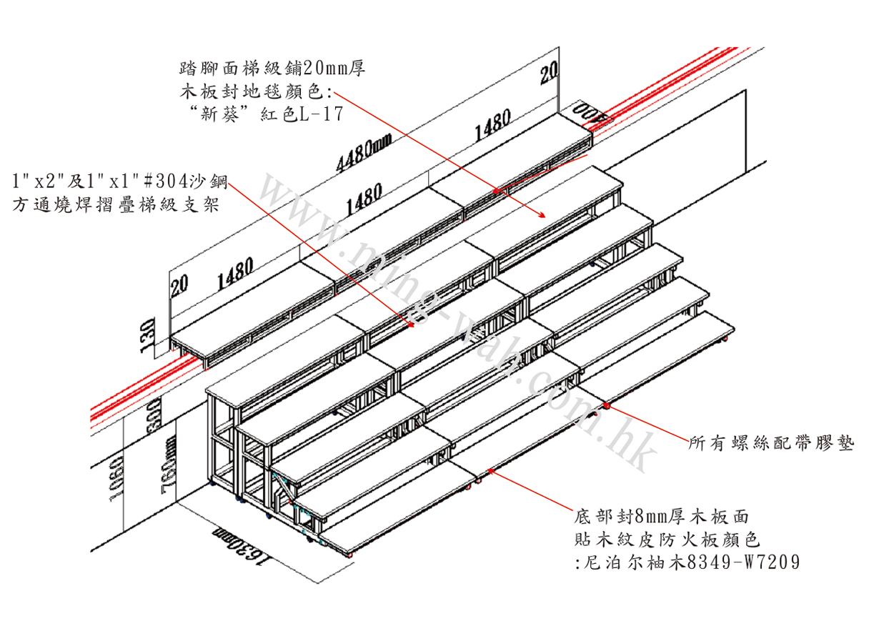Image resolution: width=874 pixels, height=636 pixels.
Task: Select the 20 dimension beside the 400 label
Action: [548, 73]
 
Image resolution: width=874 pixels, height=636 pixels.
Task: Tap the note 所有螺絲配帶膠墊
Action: [771, 444]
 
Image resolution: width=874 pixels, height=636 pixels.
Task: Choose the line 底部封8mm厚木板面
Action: [662, 515]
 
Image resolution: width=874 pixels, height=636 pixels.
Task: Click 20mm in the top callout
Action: [324, 69]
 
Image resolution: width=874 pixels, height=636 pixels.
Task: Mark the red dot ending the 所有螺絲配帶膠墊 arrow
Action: [607, 406]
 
